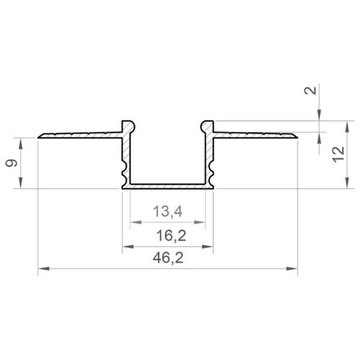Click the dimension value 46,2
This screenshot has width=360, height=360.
click(167, 259)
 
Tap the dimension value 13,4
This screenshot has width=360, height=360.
click(167, 211)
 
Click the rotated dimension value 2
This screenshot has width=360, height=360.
click(310, 91)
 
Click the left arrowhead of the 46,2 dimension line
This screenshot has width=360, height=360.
click(43, 269)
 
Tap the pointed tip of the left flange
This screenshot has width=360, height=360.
click(39, 137)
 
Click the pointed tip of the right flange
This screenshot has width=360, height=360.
click(296, 136)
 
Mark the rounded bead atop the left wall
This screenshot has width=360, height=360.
click(128, 125)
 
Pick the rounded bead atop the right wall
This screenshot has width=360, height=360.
click(207, 125)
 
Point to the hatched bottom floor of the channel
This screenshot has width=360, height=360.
click(167, 187)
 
